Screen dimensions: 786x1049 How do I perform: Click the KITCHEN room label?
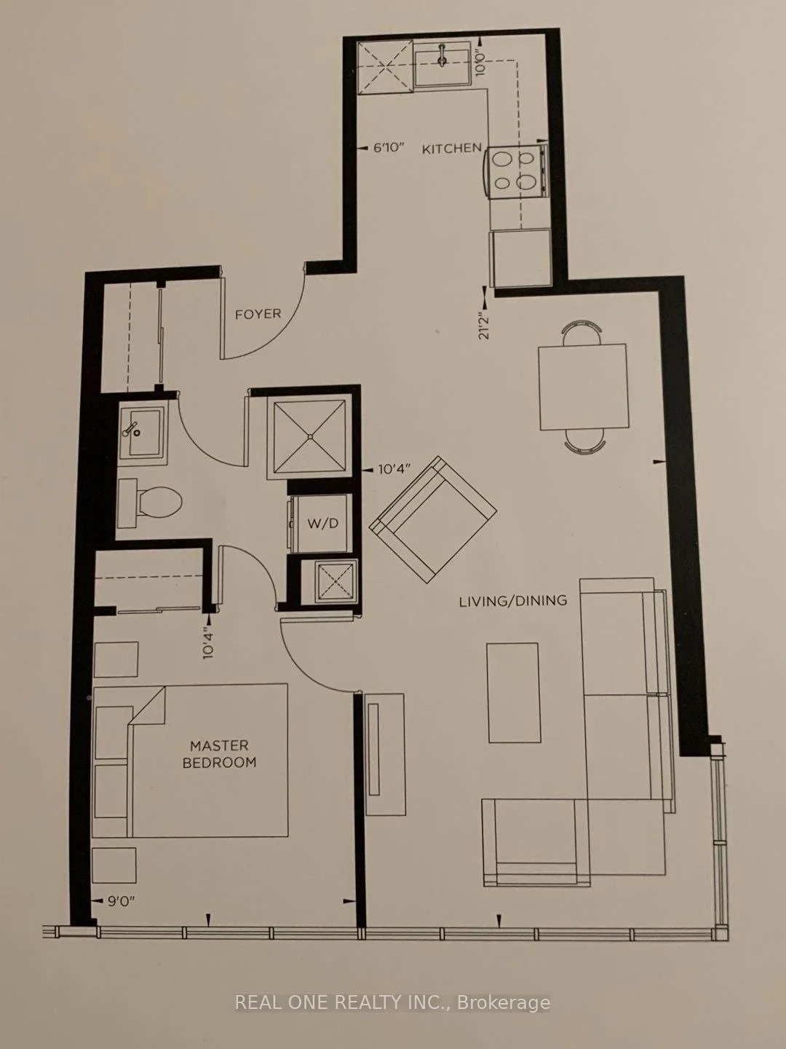coord(451,149)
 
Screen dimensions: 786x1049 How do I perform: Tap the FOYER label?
coord(258,314)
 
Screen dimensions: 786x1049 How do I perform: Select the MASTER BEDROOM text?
coord(220,754)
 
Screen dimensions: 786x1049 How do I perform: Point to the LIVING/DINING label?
coord(513,601)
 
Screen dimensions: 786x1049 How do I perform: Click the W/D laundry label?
coord(323,523)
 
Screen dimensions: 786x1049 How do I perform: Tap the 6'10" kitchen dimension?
coord(389,148)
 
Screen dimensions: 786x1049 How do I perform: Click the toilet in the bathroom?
coord(150,503)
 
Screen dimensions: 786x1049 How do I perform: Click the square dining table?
coord(583,387)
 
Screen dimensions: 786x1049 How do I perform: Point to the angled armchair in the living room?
coord(433,519)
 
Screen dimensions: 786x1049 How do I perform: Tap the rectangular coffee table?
coord(513,693)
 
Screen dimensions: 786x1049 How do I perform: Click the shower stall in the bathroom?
coord(310,437)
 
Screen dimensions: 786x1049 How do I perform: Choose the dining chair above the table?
coord(581,332)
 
